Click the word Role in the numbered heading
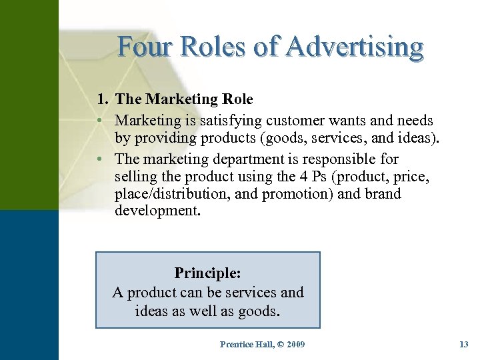pos(237,99)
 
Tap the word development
pos(157,211)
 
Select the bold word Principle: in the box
pos(207,273)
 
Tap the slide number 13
pos(464,344)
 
